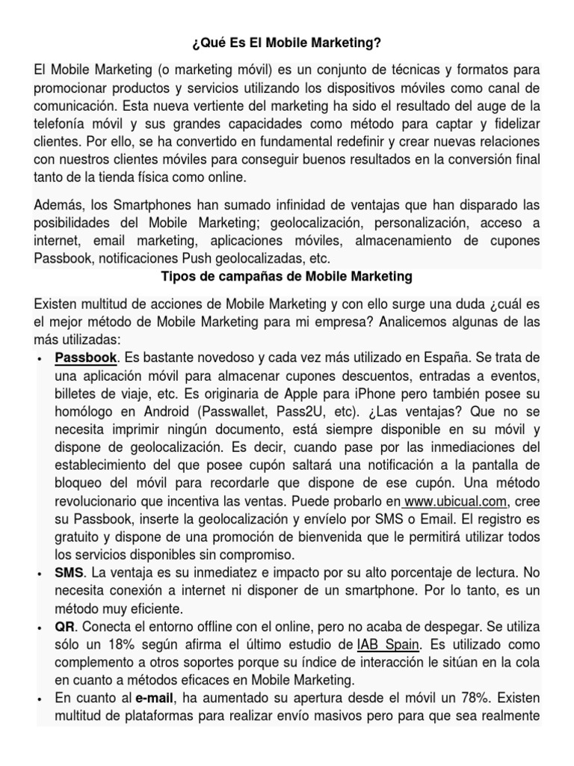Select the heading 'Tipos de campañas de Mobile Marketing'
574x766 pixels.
point(287,277)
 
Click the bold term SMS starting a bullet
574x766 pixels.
point(69,572)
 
